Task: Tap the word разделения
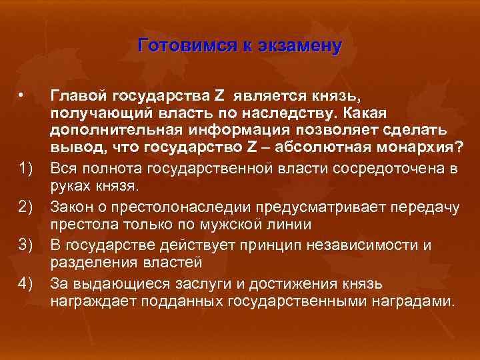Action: (x=90, y=262)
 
